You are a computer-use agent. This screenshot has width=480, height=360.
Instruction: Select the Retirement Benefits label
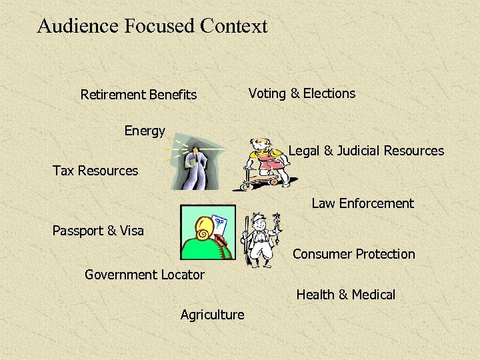point(139,95)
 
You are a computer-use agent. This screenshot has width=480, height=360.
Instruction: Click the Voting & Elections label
point(302,93)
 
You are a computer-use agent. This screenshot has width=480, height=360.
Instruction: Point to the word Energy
point(145,131)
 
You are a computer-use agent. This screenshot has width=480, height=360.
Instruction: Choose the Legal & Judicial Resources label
point(366,151)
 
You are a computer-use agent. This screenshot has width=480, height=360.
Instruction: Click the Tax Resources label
point(95,171)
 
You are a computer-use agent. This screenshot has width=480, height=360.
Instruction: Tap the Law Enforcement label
point(363,203)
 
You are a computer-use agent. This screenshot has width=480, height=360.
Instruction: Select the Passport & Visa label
point(98,231)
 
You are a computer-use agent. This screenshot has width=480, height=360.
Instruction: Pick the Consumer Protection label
point(354,254)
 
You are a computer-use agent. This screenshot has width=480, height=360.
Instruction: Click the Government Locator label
point(145,274)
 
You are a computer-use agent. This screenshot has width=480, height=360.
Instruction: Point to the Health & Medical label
point(346,294)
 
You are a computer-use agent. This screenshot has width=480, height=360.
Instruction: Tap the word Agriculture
point(213,314)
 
